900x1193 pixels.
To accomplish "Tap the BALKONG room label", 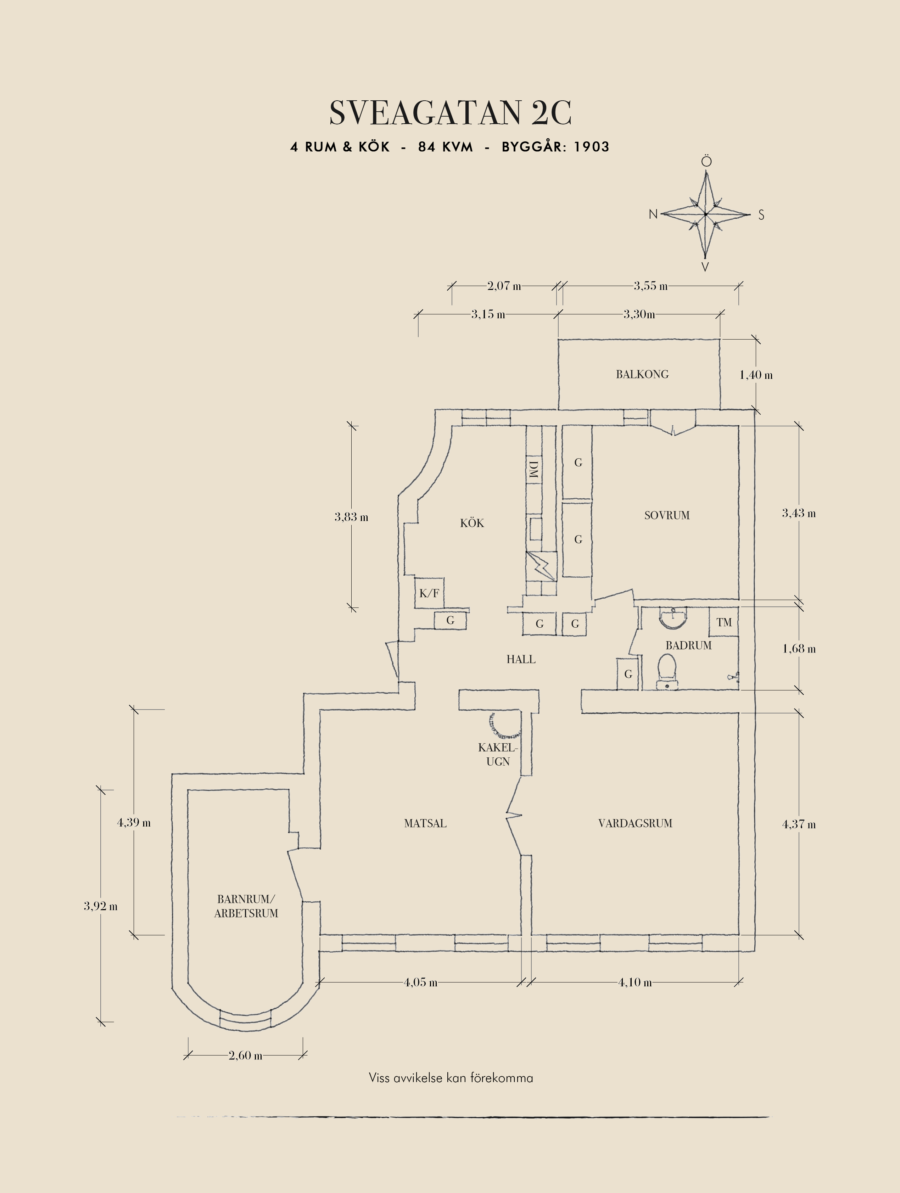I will point(642,374).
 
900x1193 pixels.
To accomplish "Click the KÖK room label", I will point(472,523).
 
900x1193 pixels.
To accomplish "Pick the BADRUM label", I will point(688,645).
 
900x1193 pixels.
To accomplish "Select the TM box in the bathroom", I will point(724,622).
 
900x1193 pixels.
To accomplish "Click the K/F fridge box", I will point(429,593).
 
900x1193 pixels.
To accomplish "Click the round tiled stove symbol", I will point(505,726).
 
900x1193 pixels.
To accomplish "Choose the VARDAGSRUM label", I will point(635,824).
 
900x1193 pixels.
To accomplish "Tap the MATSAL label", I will point(425,824).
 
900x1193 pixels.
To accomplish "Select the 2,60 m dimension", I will point(245,1055).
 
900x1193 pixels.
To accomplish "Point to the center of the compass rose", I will point(705,214).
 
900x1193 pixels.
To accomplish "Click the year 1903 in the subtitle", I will point(591,147).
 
